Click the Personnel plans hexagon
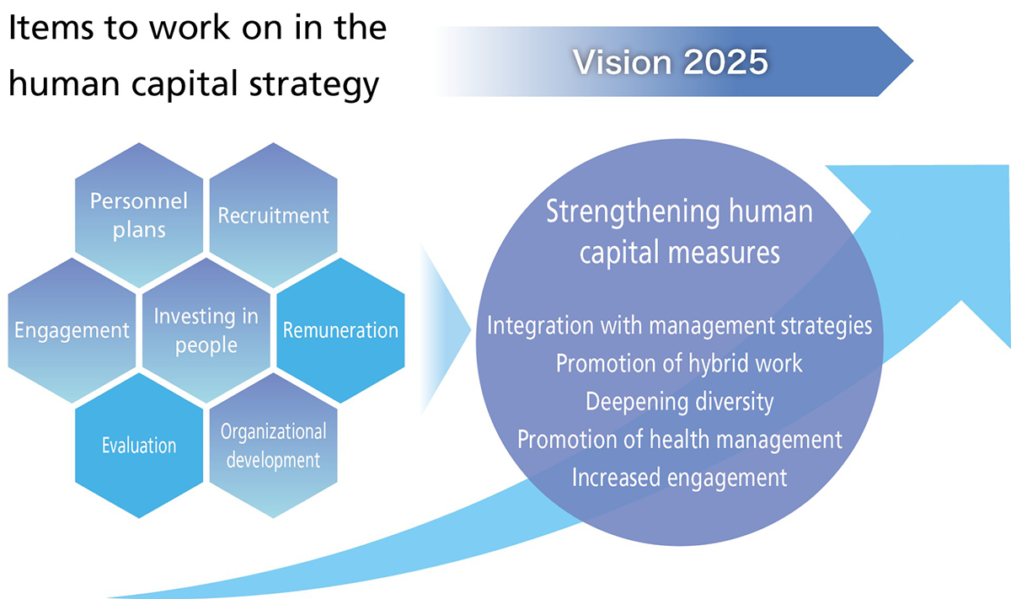coord(139,216)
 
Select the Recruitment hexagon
coord(274,216)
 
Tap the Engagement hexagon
coord(72,330)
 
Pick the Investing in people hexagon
coord(206,330)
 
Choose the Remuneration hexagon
coord(340,330)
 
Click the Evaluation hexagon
coord(139,446)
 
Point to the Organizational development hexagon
coord(274,446)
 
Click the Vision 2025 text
coord(671,62)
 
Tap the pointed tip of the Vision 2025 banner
coord(913,61)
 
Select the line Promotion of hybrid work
coord(679,363)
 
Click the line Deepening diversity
coord(679,402)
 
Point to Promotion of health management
coord(679,439)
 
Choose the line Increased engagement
coord(679,478)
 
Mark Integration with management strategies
coord(679,325)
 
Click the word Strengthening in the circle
coord(633,212)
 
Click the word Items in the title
coord(51,28)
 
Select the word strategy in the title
coord(314,84)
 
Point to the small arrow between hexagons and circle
coord(446,330)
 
